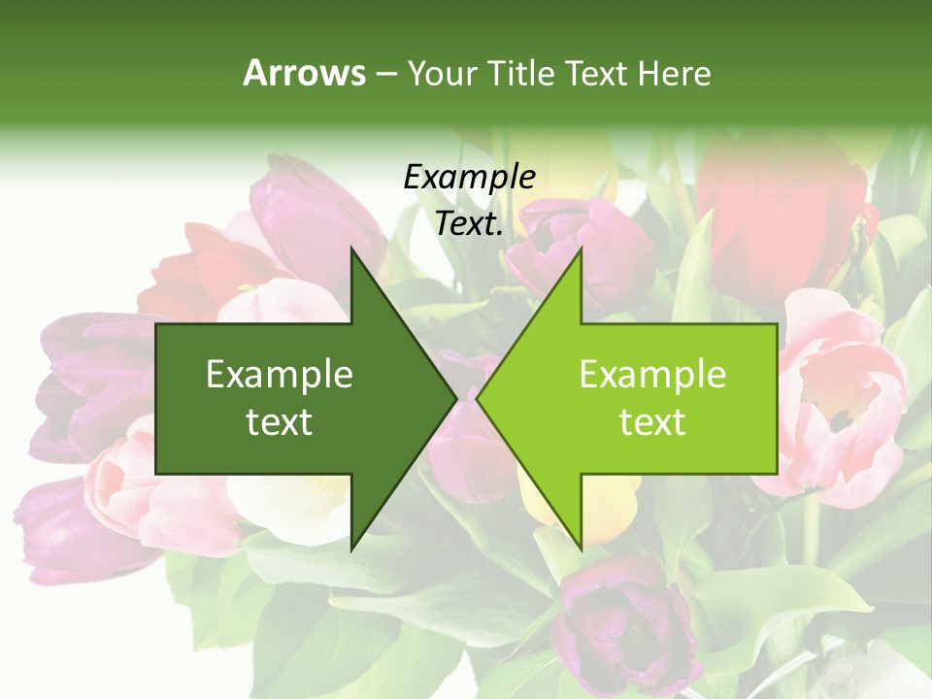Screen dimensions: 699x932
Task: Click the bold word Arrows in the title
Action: click(x=305, y=73)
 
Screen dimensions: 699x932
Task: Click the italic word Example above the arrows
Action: click(x=469, y=177)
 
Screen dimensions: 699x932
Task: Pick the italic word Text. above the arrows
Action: click(x=469, y=223)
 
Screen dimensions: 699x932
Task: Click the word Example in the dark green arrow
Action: click(x=279, y=374)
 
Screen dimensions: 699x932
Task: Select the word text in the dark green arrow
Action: click(x=279, y=422)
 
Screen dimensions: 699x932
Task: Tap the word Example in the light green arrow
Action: click(x=652, y=374)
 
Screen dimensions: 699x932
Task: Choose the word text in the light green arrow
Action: click(x=652, y=422)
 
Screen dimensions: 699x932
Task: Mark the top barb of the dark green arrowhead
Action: click(x=352, y=251)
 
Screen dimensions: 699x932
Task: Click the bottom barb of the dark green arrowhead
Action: click(x=352, y=546)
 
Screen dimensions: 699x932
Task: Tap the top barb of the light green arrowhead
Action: click(x=581, y=251)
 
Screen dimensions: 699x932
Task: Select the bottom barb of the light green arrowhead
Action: click(x=581, y=546)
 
